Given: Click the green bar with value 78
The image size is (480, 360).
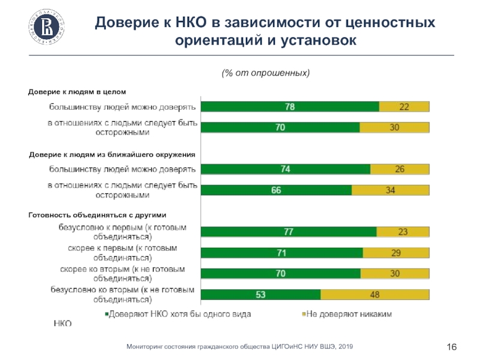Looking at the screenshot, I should coord(290,107).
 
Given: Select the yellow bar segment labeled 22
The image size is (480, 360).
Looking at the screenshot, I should coord(404,107).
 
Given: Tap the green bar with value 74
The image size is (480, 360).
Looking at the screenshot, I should coord(286,169).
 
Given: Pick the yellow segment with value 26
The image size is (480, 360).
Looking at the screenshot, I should coord(400,169).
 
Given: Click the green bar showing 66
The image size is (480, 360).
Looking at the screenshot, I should coord(276,190).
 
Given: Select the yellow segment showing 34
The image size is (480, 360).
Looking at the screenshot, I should coord(390,190).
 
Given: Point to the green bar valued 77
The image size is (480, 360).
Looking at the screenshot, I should coord(289,232).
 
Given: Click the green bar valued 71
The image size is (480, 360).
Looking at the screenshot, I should coord(281,253).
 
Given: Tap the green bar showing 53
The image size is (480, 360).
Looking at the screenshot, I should coord(260,295).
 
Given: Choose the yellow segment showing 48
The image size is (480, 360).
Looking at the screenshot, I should coord(375,295).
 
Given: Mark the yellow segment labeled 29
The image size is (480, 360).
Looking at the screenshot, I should coord(396,253).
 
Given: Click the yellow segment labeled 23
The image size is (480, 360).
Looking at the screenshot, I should coord(403,232).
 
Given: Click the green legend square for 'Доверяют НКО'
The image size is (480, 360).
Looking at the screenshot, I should coord(107,313).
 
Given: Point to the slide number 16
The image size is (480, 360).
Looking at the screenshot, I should coord(452,347).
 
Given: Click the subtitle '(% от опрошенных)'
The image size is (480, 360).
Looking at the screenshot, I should coord(266,73).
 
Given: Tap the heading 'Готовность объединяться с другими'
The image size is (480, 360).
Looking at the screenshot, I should coord(97,214).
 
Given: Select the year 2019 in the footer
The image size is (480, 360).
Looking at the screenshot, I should coord(345,347).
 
